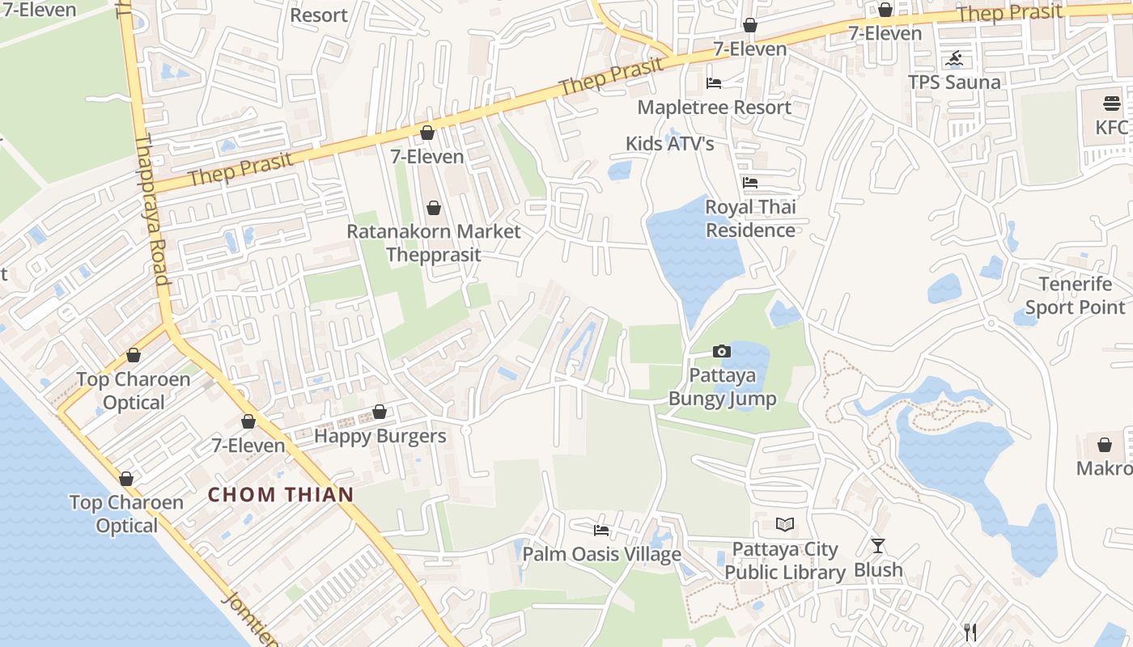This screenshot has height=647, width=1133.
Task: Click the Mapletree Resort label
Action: pos(714,107)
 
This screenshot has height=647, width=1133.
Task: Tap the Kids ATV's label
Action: pos(669,144)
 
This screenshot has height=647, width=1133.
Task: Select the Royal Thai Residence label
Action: pos(750,218)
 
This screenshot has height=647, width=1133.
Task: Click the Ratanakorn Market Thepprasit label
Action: pos(434,243)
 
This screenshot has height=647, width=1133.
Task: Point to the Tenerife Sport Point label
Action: pos(1075,296)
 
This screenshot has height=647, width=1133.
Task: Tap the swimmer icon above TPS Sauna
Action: pos(955,59)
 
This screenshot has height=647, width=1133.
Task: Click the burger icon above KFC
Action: pos(1111,104)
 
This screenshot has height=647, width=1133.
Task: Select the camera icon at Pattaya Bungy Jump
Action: pos(721,351)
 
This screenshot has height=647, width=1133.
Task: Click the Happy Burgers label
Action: pos(380,436)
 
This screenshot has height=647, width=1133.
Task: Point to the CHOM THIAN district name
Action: pos(281,494)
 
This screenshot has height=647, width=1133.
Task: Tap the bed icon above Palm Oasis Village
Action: pos(601,531)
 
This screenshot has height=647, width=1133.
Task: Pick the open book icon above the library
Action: pos(784,525)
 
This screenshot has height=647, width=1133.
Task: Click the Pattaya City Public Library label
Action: pos(784,560)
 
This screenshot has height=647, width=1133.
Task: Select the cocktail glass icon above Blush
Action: pos(878,546)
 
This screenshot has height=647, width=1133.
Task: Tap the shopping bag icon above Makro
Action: pos(1105,445)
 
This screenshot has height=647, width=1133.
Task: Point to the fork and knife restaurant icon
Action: pos(970,632)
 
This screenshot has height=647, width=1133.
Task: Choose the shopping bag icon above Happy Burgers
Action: pos(379,412)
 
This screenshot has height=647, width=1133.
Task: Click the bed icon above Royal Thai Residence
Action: pos(750,183)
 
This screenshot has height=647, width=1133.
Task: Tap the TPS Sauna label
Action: pos(954,82)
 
